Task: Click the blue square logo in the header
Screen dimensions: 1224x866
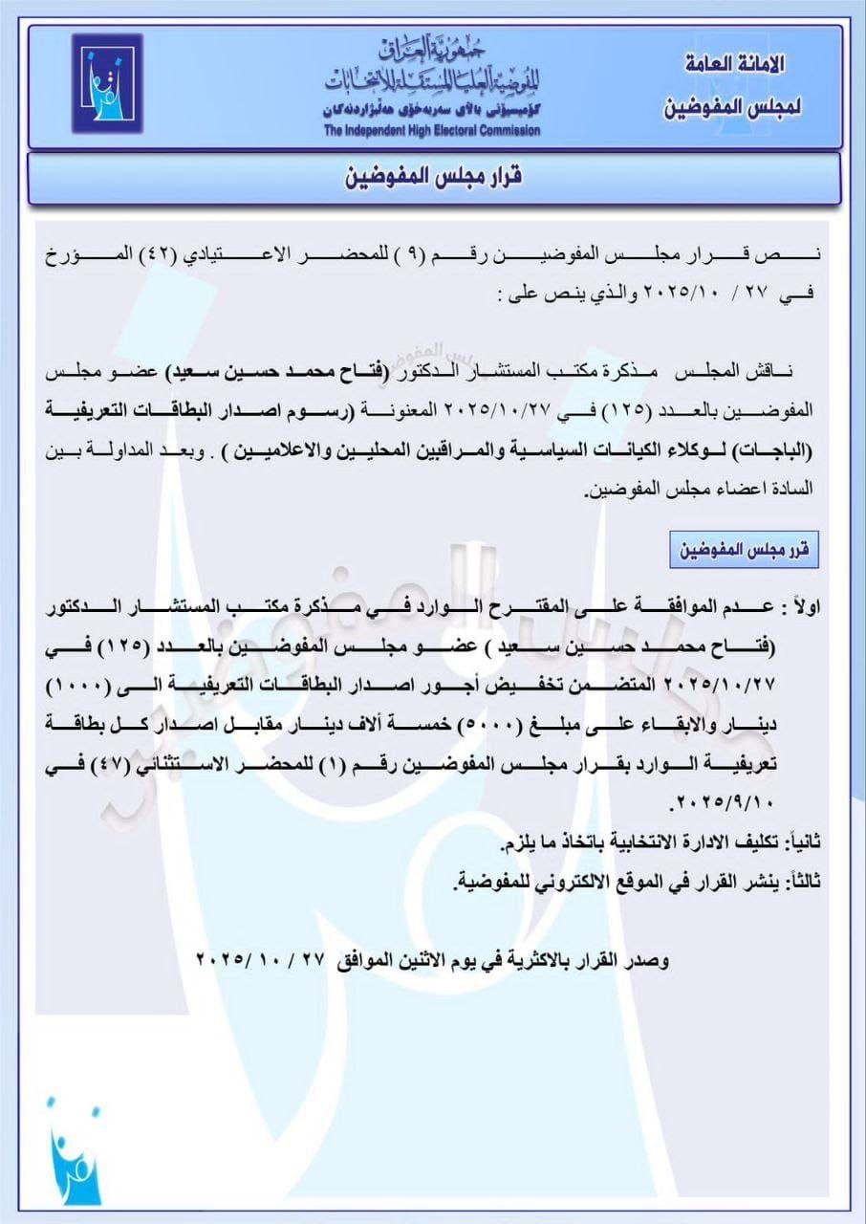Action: click(106, 83)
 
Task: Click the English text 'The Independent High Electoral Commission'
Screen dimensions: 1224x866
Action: click(431, 130)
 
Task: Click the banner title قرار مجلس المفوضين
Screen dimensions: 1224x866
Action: click(433, 178)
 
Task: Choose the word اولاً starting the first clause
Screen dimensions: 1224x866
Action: click(799, 607)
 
